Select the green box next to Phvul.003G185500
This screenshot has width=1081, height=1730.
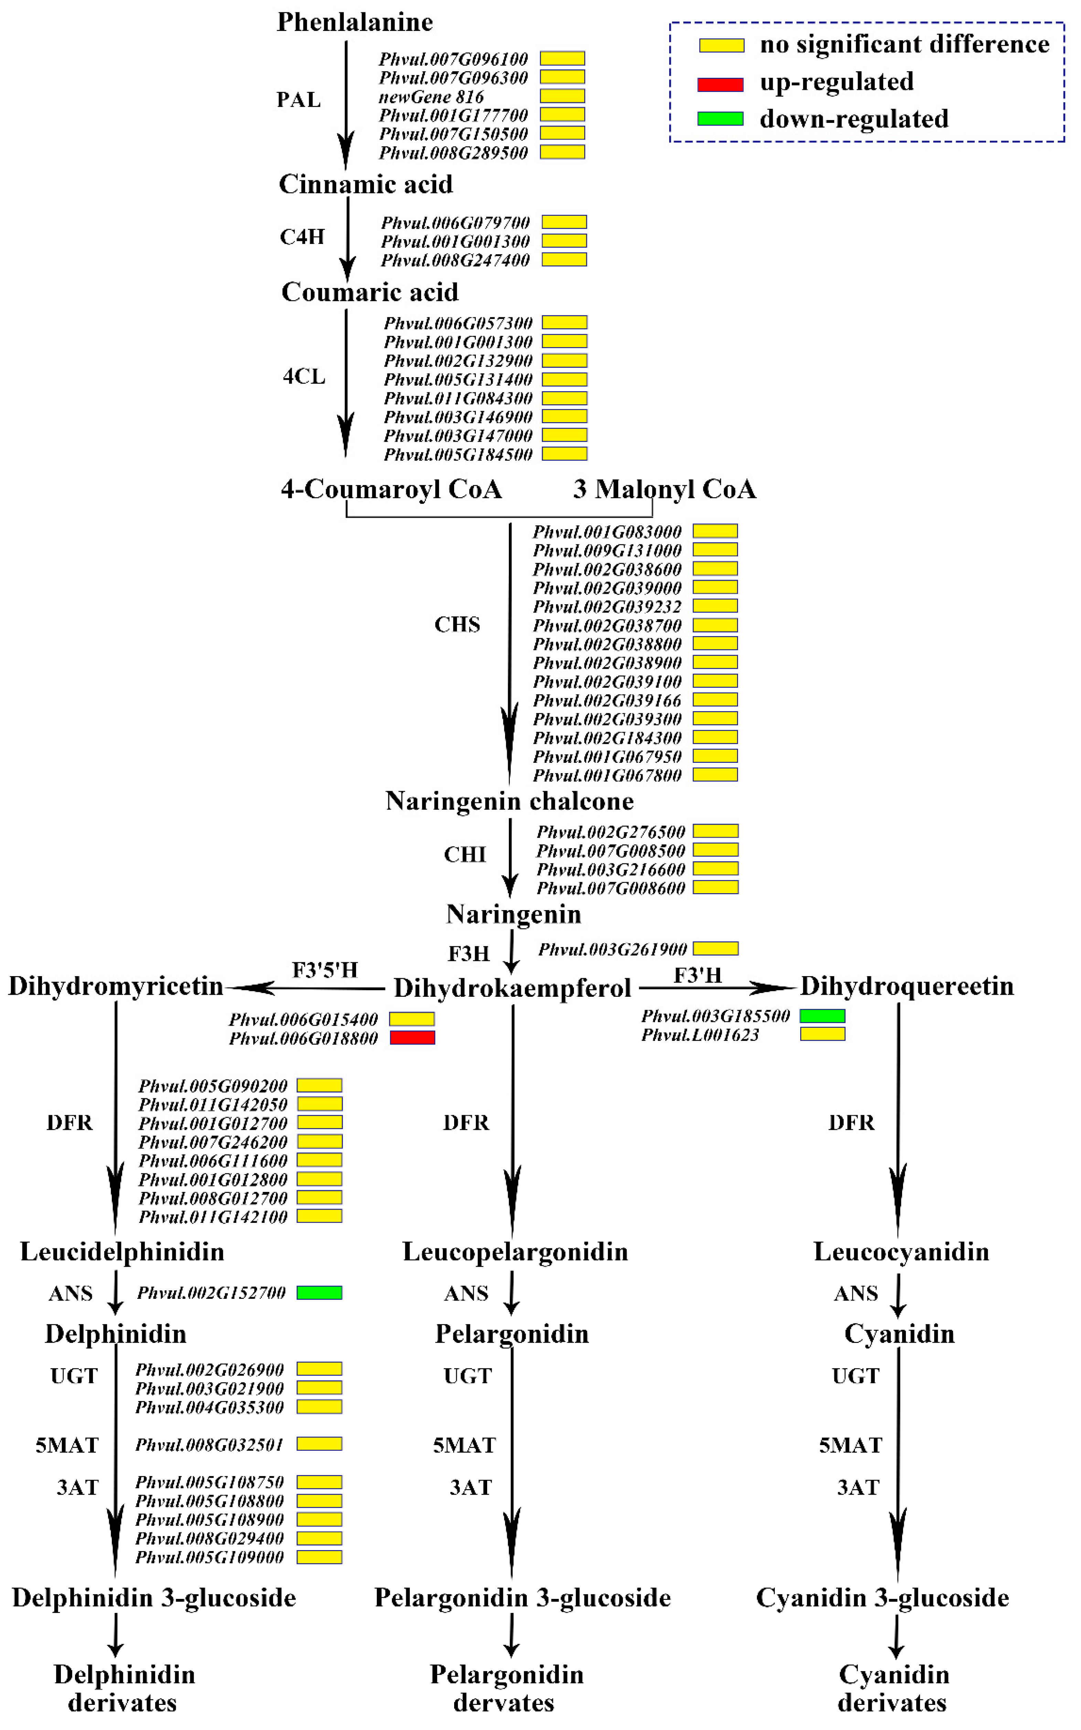(822, 1016)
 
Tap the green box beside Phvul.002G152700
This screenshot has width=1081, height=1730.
(320, 1292)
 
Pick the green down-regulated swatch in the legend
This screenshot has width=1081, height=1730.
(721, 119)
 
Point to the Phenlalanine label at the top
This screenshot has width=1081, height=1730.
(355, 22)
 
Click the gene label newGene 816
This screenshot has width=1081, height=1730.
(431, 96)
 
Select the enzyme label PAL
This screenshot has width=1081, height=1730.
(299, 99)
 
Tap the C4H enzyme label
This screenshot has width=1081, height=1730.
(302, 237)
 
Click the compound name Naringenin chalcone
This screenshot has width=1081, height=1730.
(509, 801)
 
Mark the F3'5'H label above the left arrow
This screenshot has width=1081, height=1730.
(324, 970)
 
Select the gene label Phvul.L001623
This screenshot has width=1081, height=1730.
(700, 1034)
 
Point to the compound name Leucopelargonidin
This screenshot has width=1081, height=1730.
(515, 1252)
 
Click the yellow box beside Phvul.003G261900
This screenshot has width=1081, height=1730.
(716, 949)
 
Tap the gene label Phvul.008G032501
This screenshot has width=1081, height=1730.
(210, 1445)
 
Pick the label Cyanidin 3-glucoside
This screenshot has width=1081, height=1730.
(882, 1598)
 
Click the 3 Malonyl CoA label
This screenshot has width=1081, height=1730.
(664, 489)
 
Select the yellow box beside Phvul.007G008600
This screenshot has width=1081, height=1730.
(716, 887)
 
